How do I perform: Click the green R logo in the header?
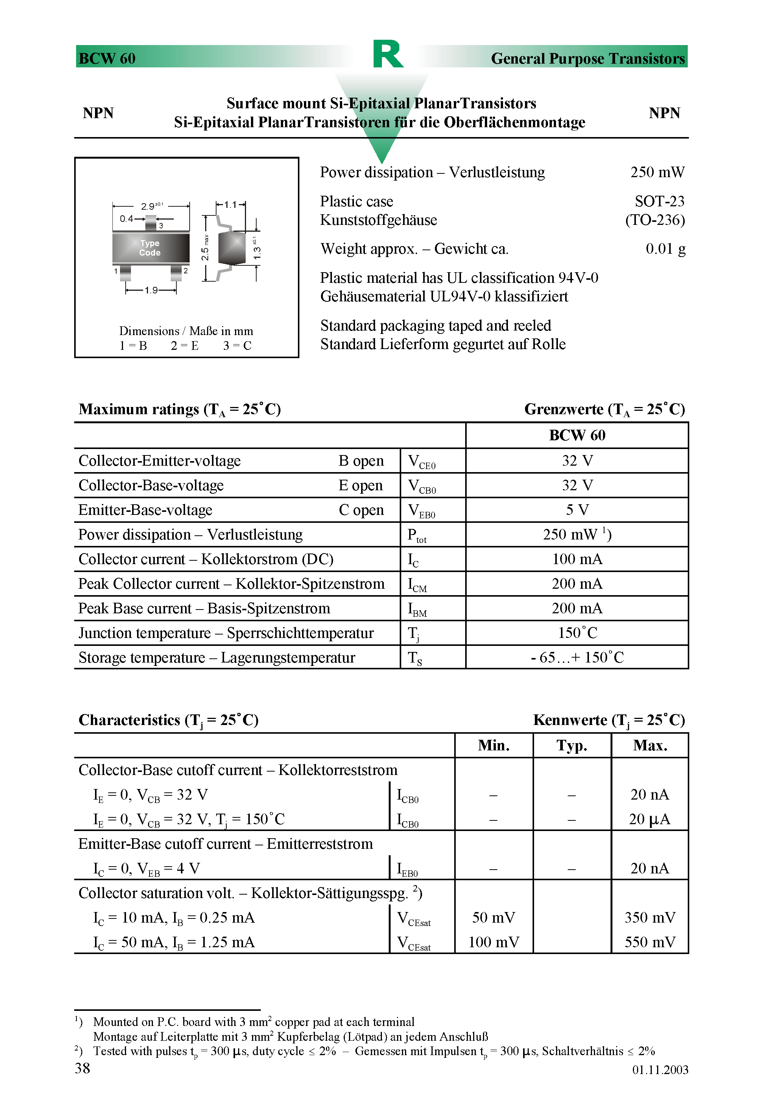pyautogui.click(x=388, y=54)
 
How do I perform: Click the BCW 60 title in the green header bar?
pyautogui.click(x=107, y=58)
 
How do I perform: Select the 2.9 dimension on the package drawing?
pyautogui.click(x=148, y=206)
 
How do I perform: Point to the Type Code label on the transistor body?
pyautogui.click(x=150, y=248)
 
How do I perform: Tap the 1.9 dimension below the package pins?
pyautogui.click(x=151, y=290)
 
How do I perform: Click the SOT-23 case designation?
pyautogui.click(x=659, y=201)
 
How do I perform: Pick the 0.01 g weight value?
pyautogui.click(x=665, y=249)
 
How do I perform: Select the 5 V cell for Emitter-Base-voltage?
pyautogui.click(x=576, y=510)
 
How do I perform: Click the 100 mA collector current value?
pyautogui.click(x=576, y=559)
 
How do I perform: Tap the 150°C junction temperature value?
pyautogui.click(x=576, y=633)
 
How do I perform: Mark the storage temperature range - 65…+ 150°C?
pyautogui.click(x=576, y=658)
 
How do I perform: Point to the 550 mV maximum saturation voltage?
pyautogui.click(x=650, y=942)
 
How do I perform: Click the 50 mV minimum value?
pyautogui.click(x=493, y=918)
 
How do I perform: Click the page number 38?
pyautogui.click(x=83, y=1068)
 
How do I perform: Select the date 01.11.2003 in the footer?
pyautogui.click(x=659, y=1070)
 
